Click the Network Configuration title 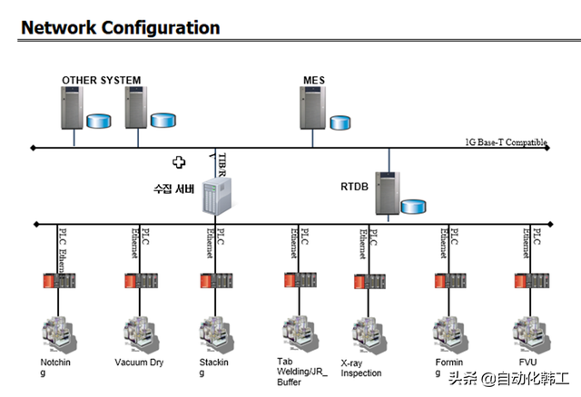tap(120, 27)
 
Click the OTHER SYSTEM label tap(101, 81)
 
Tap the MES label tap(313, 81)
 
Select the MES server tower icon tap(312, 111)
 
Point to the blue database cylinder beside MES tap(340, 121)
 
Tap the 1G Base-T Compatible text tap(506, 142)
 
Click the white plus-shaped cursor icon tap(180, 162)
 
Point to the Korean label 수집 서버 tap(173, 189)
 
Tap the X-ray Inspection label tap(361, 368)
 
